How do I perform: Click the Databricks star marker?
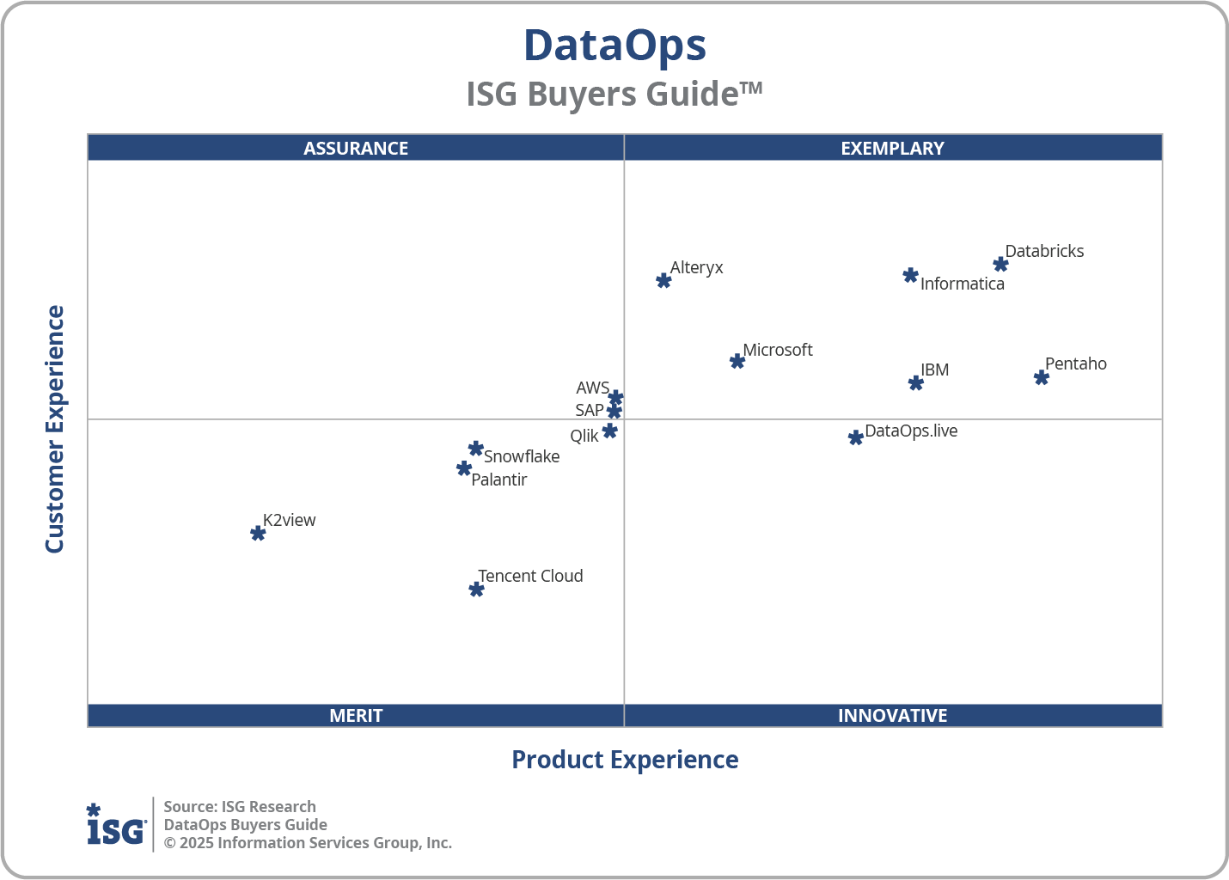tap(1000, 265)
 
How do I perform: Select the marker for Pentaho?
tap(1041, 377)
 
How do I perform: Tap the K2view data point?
tap(258, 534)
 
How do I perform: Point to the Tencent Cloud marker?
tap(476, 590)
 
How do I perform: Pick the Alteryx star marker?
tap(663, 281)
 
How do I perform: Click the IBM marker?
tap(916, 383)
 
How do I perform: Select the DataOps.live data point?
tap(855, 438)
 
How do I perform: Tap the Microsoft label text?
tap(777, 350)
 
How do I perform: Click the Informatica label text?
tap(962, 284)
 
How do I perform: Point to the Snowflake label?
tap(521, 456)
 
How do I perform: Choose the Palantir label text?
tap(498, 480)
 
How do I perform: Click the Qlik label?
tap(584, 436)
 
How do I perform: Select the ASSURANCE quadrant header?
tap(356, 148)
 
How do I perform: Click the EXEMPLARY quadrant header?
tap(892, 148)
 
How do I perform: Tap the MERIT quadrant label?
tap(356, 715)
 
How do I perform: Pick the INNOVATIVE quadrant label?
tap(892, 715)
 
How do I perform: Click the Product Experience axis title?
tap(625, 760)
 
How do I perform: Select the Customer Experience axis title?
tap(55, 430)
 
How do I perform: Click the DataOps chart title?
tap(614, 46)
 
